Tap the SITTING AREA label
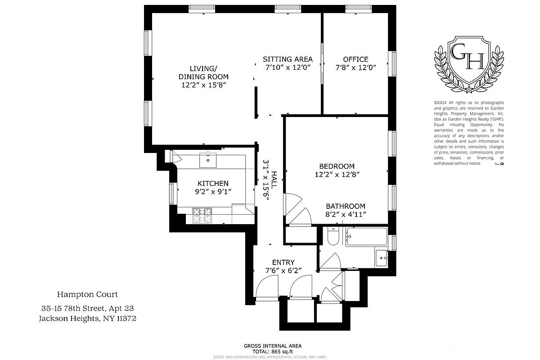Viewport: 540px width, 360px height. click(288, 59)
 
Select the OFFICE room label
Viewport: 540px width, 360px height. click(355, 59)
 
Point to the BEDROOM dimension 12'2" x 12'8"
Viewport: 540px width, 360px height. click(337, 174)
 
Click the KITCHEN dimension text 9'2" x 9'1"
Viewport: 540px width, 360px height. click(213, 192)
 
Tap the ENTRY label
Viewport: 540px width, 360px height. click(283, 262)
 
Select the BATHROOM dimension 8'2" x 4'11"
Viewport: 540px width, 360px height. click(346, 215)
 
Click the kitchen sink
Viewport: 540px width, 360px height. click(208, 159)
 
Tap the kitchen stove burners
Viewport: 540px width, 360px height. click(202, 215)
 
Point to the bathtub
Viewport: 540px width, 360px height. click(366, 237)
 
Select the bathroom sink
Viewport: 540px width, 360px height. click(381, 258)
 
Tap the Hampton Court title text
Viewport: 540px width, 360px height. click(87, 294)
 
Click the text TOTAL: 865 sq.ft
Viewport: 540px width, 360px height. click(272, 351)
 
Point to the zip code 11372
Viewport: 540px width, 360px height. click(124, 318)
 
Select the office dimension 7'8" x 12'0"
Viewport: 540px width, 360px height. click(355, 67)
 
